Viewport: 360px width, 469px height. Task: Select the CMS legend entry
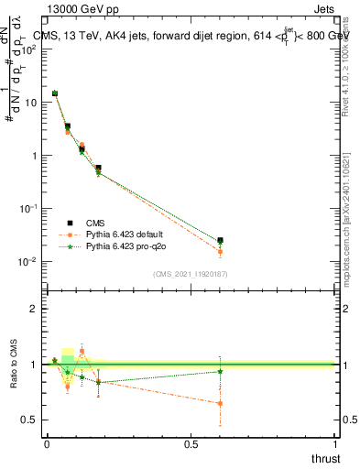tap(100, 223)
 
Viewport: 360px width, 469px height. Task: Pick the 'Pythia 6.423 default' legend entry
tap(128, 234)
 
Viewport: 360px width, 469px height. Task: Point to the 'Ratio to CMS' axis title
tap(14, 386)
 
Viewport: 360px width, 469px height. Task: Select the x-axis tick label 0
tap(47, 445)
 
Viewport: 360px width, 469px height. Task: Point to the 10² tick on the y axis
tap(27, 49)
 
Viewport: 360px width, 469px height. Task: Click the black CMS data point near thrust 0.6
tap(220, 241)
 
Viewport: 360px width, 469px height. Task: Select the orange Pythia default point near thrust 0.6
tap(220, 252)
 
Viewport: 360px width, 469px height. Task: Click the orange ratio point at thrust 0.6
tap(220, 403)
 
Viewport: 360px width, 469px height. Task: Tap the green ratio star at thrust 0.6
tap(220, 371)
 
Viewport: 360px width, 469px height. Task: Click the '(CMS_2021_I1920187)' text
tap(190, 273)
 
